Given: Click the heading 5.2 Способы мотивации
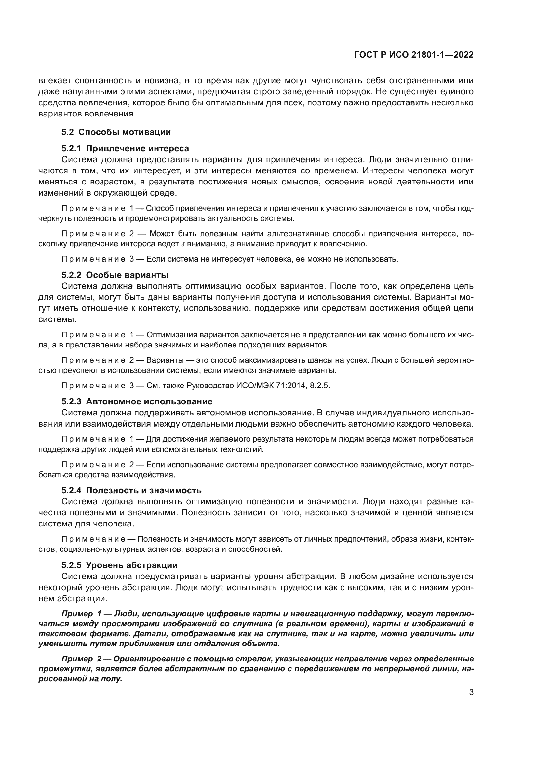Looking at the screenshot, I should pos(116,132).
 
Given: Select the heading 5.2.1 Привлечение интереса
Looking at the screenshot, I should pos(125,148).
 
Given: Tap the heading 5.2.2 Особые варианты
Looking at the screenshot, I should pos(114,275).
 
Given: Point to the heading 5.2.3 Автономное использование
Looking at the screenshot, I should pos(137,402).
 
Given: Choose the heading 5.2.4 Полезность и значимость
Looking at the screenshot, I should pos(131,490).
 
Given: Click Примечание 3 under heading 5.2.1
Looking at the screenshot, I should pos(97,259).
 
